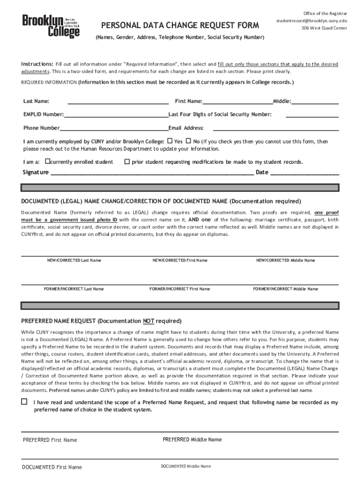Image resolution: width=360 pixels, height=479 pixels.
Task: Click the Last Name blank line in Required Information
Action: (118, 102)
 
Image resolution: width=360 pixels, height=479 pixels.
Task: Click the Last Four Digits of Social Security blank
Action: (312, 115)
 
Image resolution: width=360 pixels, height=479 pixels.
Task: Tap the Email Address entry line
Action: (276, 128)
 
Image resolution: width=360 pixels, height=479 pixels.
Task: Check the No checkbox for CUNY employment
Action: (188, 141)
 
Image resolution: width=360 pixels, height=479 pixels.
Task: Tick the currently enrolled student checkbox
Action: (47, 161)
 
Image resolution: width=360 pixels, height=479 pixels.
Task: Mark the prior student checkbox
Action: (127, 161)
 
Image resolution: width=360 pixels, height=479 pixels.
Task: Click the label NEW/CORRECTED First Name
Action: (180, 260)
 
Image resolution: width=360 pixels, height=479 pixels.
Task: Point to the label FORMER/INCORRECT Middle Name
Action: (285, 289)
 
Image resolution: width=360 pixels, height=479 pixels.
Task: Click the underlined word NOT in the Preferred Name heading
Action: (149, 321)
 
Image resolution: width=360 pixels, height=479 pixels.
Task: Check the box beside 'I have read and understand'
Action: (24, 402)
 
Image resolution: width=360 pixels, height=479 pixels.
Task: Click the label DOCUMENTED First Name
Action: (52, 467)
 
